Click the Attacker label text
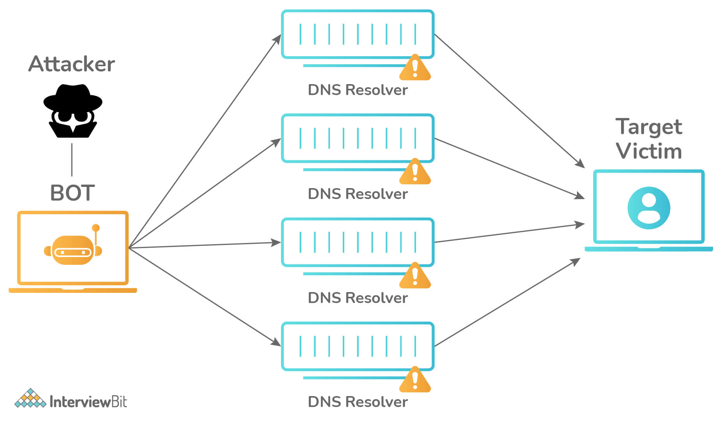pos(72,64)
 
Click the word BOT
pos(73,193)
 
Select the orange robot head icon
pos(73,250)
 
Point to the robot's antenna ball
pos(96,228)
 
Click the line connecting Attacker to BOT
pos(72,160)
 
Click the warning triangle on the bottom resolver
pos(415,381)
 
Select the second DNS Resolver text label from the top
pos(357,194)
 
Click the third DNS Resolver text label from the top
pos(357,298)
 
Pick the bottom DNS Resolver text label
pos(357,402)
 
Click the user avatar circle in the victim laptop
pos(649,208)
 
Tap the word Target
pos(649,127)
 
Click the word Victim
pos(649,151)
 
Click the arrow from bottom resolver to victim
pos(507,302)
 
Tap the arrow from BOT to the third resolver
pos(205,245)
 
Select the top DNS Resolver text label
pos(357,90)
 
